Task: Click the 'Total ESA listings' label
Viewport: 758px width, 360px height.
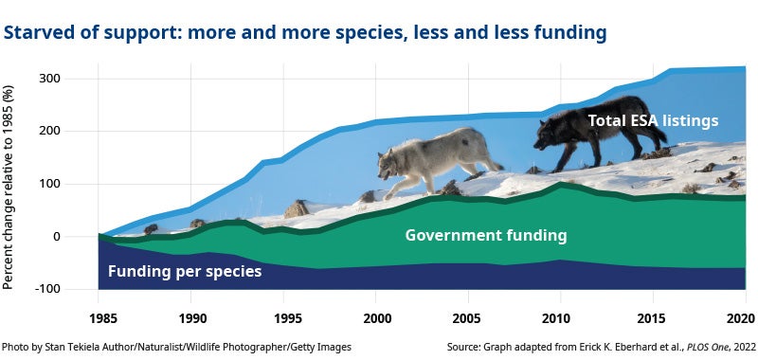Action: pyautogui.click(x=653, y=120)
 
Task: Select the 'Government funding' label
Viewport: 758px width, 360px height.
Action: pyautogui.click(x=485, y=235)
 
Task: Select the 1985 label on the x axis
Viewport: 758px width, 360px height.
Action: pyautogui.click(x=99, y=316)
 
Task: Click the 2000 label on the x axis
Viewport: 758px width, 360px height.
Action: pyautogui.click(x=376, y=316)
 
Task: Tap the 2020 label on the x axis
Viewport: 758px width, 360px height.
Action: pyautogui.click(x=745, y=316)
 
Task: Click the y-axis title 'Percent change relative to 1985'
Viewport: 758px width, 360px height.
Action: pyautogui.click(x=10, y=187)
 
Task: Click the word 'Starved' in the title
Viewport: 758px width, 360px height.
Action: pyautogui.click(x=34, y=34)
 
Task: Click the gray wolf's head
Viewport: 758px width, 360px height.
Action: pyautogui.click(x=389, y=164)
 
